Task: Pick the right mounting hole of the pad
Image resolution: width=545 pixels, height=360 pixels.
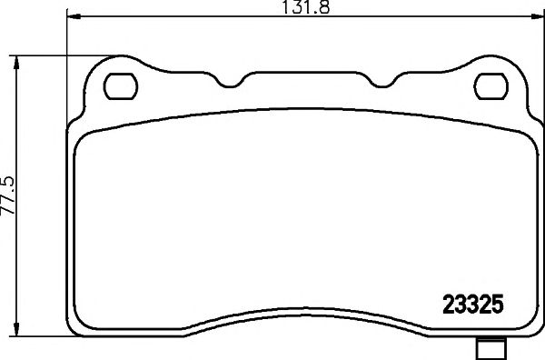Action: tap(491, 87)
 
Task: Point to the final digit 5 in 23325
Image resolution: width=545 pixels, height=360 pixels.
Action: tap(499, 303)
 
